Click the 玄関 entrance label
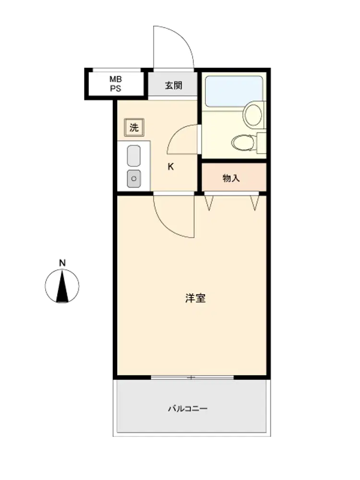[174, 85]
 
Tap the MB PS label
[116, 84]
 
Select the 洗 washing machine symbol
[134, 127]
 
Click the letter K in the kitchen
[170, 167]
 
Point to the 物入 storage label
[231, 178]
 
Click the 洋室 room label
[195, 298]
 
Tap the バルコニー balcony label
[188, 408]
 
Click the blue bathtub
[234, 91]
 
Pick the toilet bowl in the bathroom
[243, 143]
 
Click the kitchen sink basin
[134, 156]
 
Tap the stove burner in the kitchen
[134, 179]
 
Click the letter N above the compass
[62, 263]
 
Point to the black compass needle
[62, 287]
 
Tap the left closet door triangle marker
[209, 203]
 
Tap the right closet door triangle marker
[255, 203]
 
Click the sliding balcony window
[192, 377]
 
